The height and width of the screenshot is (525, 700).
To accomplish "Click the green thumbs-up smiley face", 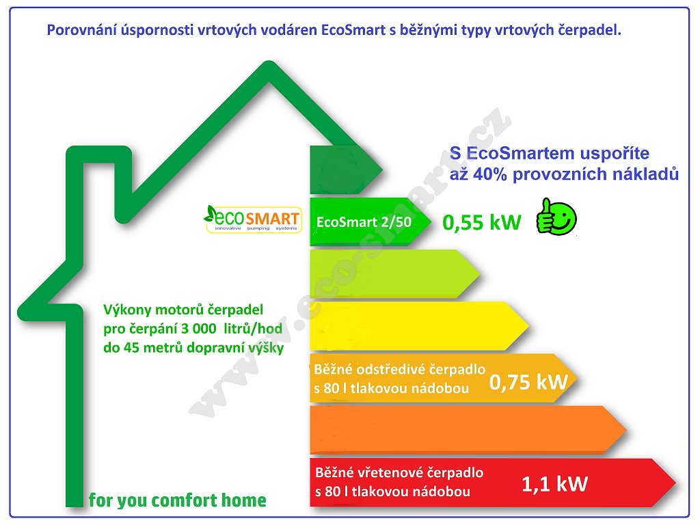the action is tap(556, 217).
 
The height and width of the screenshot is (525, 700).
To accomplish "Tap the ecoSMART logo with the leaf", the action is tap(253, 219).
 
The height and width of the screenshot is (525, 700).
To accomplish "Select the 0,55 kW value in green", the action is tap(482, 222).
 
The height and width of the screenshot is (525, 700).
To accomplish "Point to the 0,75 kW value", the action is tap(528, 382).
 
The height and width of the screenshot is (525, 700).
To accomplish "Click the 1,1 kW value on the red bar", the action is tap(554, 484).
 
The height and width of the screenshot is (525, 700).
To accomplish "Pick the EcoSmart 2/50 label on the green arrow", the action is tap(364, 222).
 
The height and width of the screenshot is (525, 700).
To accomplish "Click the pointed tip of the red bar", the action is tap(675, 483).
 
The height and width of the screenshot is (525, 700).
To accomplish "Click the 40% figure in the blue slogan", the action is tap(489, 174).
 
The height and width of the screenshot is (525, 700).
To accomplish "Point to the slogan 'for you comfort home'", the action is tap(177, 500).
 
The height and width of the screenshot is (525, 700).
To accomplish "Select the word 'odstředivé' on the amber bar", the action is tap(394, 369).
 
